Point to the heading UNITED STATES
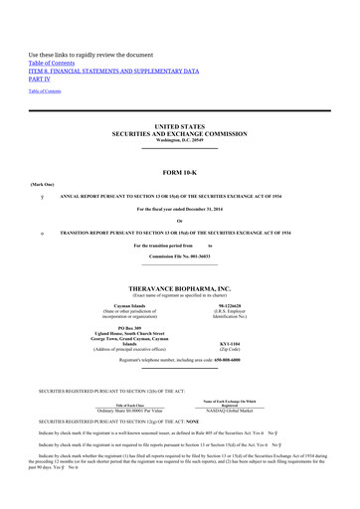coord(180,127)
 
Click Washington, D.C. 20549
coord(180,140)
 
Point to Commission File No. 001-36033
coord(180,254)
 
